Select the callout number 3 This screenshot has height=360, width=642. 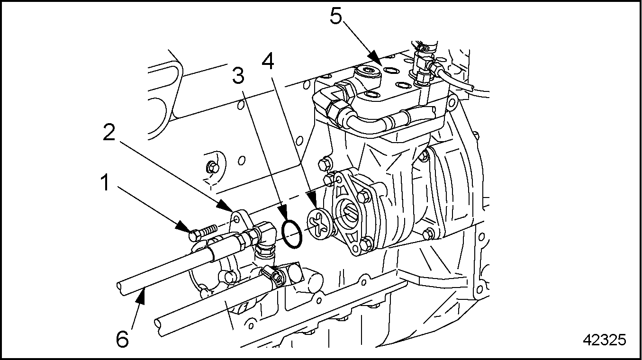click(238, 74)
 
